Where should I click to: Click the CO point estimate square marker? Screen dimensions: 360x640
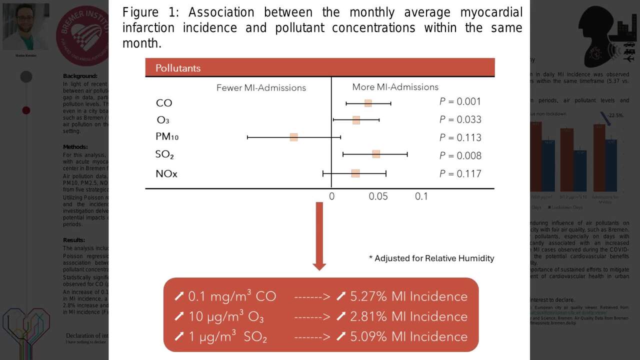(368, 103)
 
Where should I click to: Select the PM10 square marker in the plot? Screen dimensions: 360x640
(294, 137)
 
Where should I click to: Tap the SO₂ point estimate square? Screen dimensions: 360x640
(376, 154)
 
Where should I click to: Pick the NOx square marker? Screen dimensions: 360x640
(355, 173)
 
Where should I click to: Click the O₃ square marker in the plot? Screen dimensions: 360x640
(356, 120)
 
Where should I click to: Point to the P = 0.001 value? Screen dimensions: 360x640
(460, 101)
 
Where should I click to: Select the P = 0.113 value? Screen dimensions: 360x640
(460, 137)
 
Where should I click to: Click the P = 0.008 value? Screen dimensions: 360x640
(460, 155)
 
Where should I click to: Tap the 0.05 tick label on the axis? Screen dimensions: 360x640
(378, 196)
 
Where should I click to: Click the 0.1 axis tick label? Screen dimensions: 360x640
(421, 196)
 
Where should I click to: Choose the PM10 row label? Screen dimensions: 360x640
(167, 136)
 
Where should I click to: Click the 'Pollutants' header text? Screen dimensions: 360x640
(177, 68)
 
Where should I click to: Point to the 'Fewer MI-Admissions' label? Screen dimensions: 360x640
(261, 87)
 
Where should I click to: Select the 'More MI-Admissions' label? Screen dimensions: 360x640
(395, 87)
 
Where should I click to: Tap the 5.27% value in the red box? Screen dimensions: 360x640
(368, 296)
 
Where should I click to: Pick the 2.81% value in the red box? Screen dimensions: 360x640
(368, 316)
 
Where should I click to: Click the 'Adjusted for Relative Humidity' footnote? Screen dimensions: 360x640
(431, 258)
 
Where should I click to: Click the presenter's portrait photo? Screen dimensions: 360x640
(26, 26)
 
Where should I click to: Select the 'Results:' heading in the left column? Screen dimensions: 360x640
(74, 240)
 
